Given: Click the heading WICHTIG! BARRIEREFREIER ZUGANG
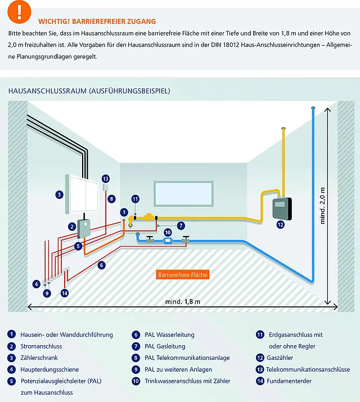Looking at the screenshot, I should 97,21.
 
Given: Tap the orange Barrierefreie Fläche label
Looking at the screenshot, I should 183,275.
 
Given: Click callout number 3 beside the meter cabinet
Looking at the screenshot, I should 58,194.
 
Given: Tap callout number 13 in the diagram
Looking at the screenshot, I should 105,178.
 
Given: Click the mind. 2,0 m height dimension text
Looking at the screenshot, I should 323,206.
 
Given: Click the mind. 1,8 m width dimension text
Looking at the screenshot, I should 183,302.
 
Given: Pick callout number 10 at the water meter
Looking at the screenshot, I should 167,231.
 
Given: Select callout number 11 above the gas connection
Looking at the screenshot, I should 135,199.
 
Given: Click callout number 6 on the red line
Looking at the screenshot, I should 102,265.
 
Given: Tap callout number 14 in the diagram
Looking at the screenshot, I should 65,293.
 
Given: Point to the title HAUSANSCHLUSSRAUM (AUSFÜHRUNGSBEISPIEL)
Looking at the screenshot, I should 89,91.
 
